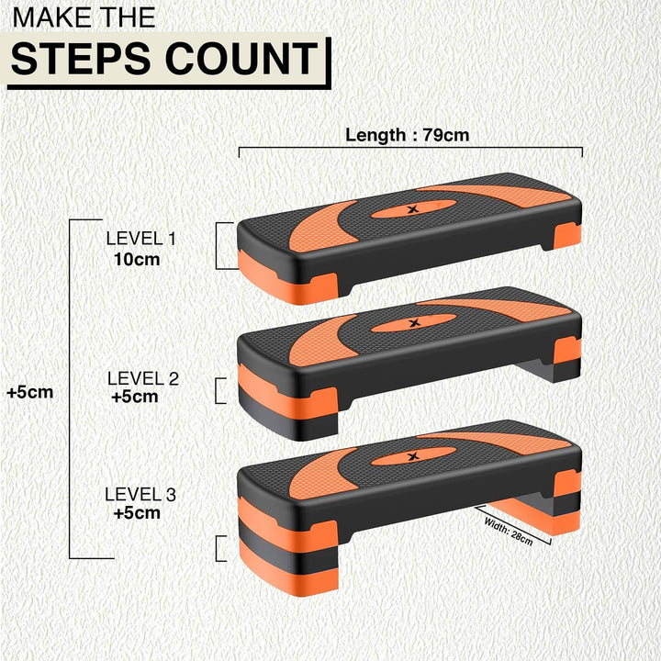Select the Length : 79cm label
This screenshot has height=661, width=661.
click(407, 135)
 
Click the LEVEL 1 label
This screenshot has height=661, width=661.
click(140, 239)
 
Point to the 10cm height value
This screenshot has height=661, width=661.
click(137, 259)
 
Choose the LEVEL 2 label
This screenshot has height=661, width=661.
click(142, 377)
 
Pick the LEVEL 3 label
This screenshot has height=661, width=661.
click(140, 494)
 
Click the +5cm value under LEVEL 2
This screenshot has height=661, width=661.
click(135, 397)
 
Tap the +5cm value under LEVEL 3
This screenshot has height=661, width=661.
click(137, 513)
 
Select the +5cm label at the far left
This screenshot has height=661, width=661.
click(29, 392)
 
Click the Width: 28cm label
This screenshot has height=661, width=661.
click(510, 531)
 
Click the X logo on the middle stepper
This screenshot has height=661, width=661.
click(412, 322)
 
